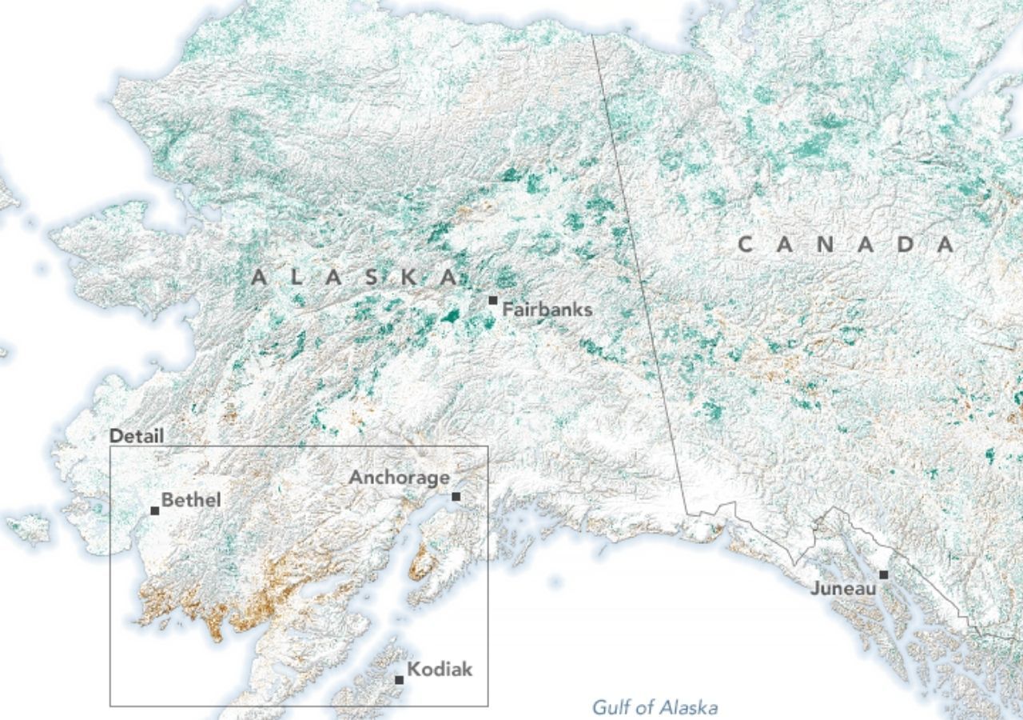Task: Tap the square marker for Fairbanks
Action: pos(493,301)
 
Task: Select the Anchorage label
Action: pos(399,478)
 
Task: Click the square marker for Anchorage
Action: pos(456,497)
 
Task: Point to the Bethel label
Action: pos(191,501)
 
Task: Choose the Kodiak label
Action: pos(440,670)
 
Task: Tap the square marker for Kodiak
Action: pos(399,680)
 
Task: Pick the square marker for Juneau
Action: pos(883,574)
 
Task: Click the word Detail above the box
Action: pos(137,436)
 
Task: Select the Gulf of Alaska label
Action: pos(655,707)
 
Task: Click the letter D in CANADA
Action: pos(906,245)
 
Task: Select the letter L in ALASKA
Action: pos(297,278)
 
